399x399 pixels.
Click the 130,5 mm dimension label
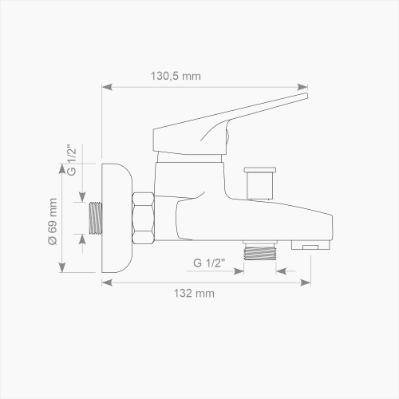pyautogui.click(x=176, y=76)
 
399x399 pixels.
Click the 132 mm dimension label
pyautogui.click(x=194, y=294)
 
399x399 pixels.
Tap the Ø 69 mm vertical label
pyautogui.click(x=53, y=222)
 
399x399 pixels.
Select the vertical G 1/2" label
pyautogui.click(x=72, y=160)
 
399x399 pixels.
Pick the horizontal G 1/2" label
pyautogui.click(x=209, y=263)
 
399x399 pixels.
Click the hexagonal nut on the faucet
pyautogui.click(x=143, y=218)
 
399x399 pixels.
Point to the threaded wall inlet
pyautogui.click(x=96, y=218)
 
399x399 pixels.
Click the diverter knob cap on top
pyautogui.click(x=260, y=170)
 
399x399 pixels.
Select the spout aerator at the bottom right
pyautogui.click(x=310, y=245)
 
